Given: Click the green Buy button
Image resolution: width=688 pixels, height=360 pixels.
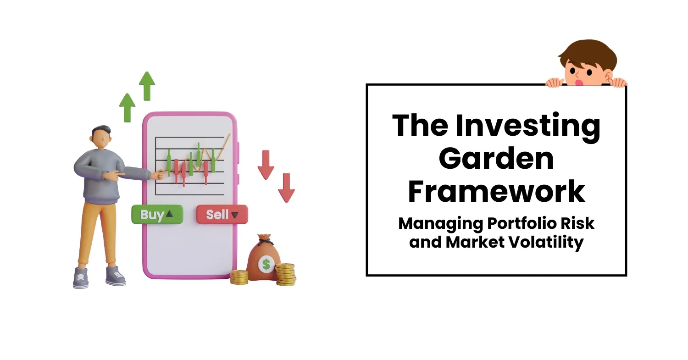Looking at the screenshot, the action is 157,215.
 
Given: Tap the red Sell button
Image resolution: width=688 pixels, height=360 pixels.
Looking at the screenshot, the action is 222,215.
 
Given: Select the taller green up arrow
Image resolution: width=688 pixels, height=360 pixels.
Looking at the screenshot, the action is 147,86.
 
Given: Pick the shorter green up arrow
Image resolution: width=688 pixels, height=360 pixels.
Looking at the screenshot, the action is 127,108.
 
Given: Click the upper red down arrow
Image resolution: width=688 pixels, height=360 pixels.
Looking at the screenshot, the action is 266,165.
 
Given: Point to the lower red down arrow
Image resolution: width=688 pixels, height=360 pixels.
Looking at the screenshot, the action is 286,188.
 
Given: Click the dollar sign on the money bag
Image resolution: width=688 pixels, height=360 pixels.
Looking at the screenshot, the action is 266,264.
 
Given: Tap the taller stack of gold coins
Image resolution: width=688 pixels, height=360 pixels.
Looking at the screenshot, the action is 285,274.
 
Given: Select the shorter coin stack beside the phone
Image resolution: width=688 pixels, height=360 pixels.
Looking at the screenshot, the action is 239,277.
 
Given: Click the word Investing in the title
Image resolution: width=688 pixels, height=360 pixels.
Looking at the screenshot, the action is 527,126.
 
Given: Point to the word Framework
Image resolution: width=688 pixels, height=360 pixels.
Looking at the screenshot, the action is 496,191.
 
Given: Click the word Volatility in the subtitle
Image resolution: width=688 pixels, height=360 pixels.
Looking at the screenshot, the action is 545,242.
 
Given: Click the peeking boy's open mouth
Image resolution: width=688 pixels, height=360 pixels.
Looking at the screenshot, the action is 579,83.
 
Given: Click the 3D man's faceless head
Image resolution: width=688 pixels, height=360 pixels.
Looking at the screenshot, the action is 101,138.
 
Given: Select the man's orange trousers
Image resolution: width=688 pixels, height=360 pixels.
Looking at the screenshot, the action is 98,233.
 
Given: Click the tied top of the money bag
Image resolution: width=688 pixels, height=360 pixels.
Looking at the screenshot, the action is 265,239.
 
